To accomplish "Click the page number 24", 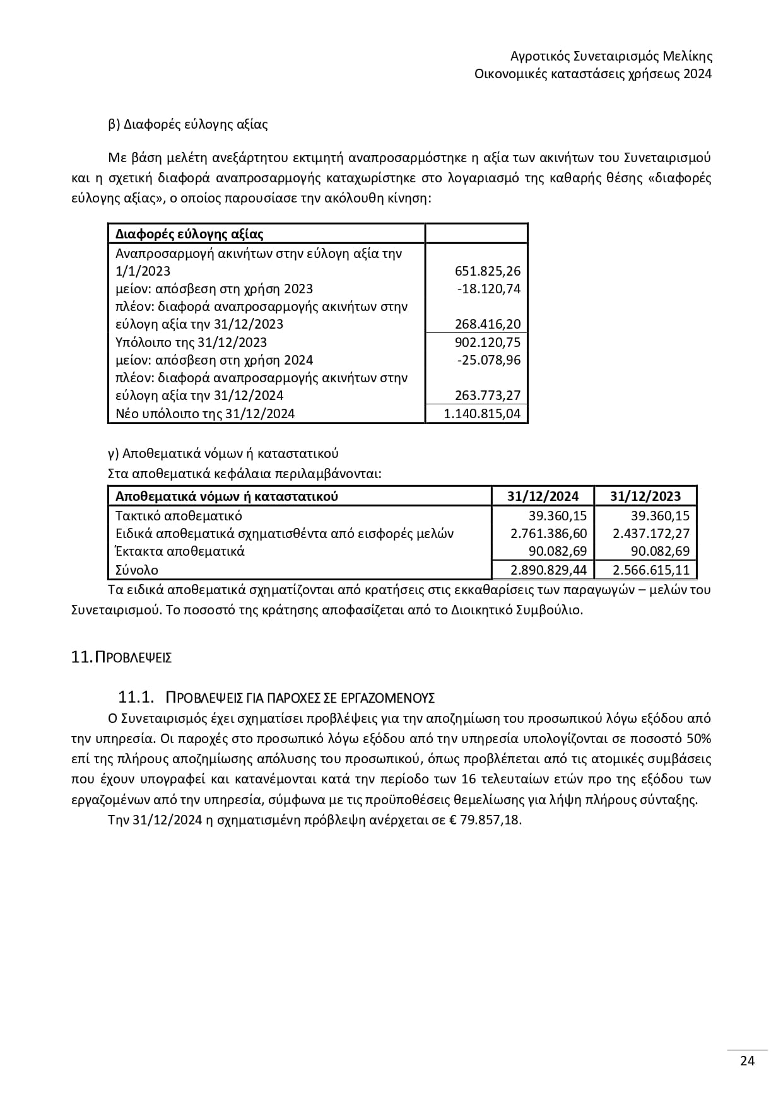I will pyautogui.click(x=747, y=1060).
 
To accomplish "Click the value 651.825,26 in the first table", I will pyautogui.click(x=488, y=271).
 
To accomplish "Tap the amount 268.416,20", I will pyautogui.click(x=488, y=324).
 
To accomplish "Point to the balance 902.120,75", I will pyautogui.click(x=488, y=342).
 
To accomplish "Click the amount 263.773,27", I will pyautogui.click(x=488, y=395).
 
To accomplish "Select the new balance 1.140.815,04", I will pyautogui.click(x=483, y=414).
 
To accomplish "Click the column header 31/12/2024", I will pyautogui.click(x=543, y=496).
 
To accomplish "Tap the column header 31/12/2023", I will pyautogui.click(x=645, y=496).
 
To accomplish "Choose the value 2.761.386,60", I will pyautogui.click(x=548, y=534).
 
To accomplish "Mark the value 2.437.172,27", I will pyautogui.click(x=651, y=534).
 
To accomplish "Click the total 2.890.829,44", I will pyautogui.click(x=548, y=570).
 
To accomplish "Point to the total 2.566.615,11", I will pyautogui.click(x=651, y=570).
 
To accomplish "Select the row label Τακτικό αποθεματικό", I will pyautogui.click(x=179, y=515).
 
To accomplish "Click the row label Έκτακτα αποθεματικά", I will pyautogui.click(x=180, y=551).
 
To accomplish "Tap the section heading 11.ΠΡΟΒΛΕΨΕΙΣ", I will pyautogui.click(x=121, y=657).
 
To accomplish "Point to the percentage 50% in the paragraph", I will pyautogui.click(x=698, y=738).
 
